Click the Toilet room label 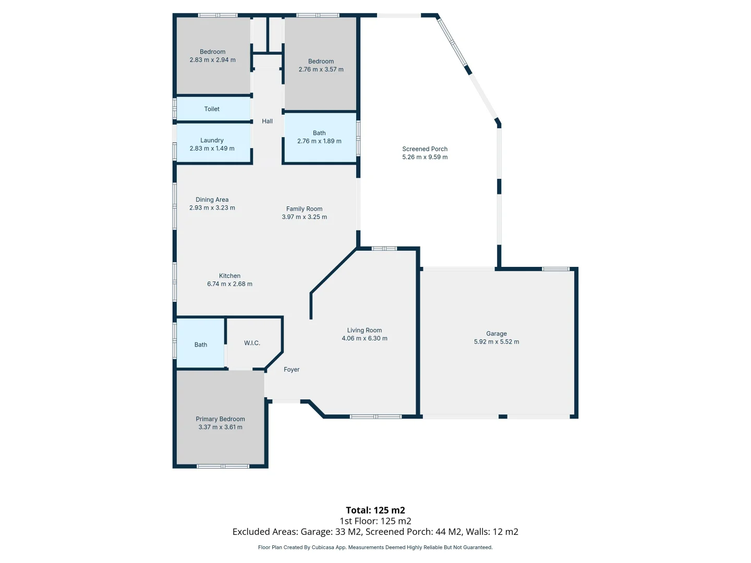click(212, 109)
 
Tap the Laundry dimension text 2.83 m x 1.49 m click(212, 149)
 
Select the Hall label click(267, 121)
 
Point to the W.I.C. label click(252, 343)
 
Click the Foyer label click(292, 370)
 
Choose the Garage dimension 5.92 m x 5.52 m click(496, 342)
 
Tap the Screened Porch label click(425, 149)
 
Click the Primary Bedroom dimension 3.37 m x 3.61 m click(220, 427)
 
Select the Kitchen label click(229, 276)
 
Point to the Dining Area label click(212, 200)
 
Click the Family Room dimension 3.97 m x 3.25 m click(304, 217)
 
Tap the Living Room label click(364, 331)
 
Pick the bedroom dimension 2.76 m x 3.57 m click(321, 69)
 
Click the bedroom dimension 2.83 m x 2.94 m click(212, 60)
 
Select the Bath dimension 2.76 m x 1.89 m click(319, 141)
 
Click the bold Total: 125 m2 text click(375, 510)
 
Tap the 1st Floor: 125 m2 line click(375, 521)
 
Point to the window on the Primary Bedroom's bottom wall click(223, 466)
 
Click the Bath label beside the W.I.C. click(201, 345)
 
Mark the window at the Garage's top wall click(555, 269)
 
